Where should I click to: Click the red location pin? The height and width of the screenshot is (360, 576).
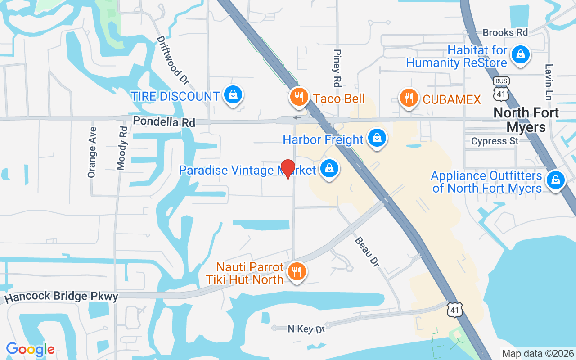pos(288,169)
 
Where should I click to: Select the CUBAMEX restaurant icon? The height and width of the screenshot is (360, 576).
pos(408,98)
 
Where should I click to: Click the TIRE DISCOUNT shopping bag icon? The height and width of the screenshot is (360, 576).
pos(233,95)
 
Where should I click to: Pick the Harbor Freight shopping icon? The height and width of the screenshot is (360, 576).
pos(377,138)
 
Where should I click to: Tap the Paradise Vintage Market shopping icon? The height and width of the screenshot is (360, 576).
pos(329,169)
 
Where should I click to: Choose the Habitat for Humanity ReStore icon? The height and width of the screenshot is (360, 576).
pos(520,54)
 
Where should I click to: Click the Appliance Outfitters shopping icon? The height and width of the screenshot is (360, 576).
pos(555,180)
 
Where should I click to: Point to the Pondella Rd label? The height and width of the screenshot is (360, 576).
pos(164,122)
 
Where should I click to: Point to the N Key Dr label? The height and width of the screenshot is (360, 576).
pos(306,329)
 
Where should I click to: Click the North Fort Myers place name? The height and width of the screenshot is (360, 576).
pos(526,120)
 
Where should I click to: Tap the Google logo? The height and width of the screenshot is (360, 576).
pos(30,349)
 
